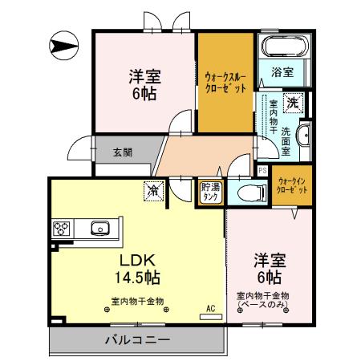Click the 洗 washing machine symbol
tap(294, 103)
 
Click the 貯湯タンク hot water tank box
tap(211, 193)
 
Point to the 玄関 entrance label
tap(123, 152)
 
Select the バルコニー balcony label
tap(136, 340)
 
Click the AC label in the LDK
tap(211, 307)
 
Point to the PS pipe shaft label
tap(263, 170)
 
